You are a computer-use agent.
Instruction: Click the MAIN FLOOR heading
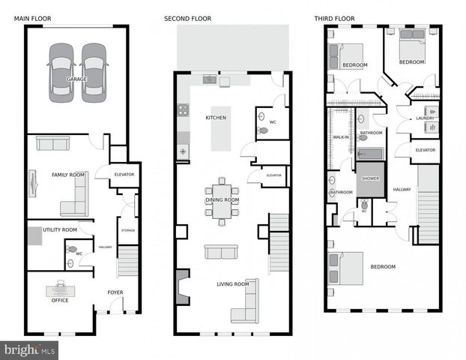pos(31,18)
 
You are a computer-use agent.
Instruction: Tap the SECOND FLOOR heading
pos(187,18)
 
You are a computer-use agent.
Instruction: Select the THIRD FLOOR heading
pos(336,18)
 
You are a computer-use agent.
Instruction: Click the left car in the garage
pos(61,72)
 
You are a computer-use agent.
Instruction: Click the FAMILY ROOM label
pos(68,175)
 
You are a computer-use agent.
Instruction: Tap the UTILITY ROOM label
pos(60,229)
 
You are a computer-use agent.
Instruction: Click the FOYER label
pos(115,293)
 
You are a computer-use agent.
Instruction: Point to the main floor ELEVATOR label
pos(124,175)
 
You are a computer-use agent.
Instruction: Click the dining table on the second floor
pos(222,200)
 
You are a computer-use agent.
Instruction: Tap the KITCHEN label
pos(216,118)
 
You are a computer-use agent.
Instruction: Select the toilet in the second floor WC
pos(262,130)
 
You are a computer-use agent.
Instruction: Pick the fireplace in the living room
pos(183,286)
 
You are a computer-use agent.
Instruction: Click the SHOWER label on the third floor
pos(370,178)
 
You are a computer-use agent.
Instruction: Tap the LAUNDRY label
pos(426,118)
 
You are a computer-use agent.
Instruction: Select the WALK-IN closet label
pos(342,137)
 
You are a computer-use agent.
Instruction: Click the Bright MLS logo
pos(30,349)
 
